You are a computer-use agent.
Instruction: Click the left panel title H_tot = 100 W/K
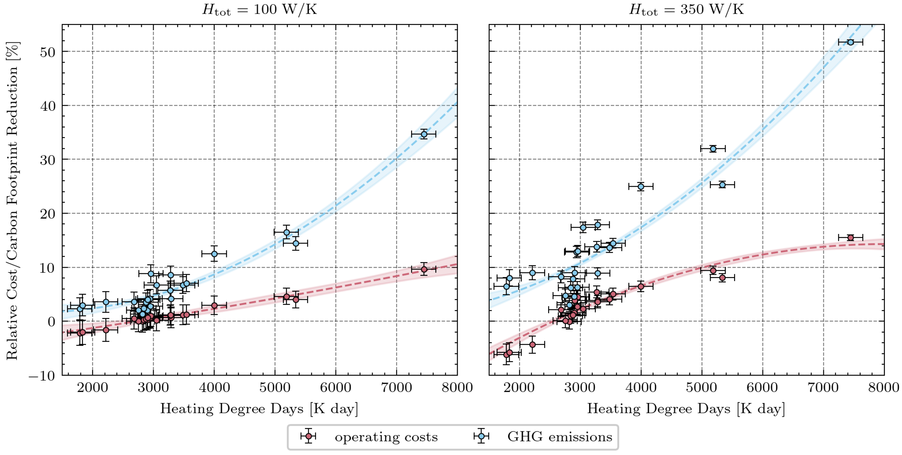259,10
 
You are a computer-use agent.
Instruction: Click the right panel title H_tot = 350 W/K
687,10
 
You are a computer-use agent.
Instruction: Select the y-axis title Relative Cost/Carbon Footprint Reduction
13,201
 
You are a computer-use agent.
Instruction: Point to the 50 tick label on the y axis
48,52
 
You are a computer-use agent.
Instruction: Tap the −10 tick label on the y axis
42,376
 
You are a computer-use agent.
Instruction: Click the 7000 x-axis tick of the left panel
397,388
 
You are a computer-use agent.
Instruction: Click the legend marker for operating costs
308,436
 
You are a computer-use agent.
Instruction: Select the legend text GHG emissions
560,437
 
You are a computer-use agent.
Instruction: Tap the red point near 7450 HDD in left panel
424,269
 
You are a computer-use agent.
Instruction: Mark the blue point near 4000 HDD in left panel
214,254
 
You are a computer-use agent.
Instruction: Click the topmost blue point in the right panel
851,42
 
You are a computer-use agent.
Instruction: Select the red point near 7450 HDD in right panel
851,238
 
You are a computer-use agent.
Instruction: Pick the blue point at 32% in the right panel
713,149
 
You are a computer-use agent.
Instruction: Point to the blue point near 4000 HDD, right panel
641,186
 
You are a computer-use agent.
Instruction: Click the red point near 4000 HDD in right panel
641,287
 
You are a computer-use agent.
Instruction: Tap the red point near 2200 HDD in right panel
532,344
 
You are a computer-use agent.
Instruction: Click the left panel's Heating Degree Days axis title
259,409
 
